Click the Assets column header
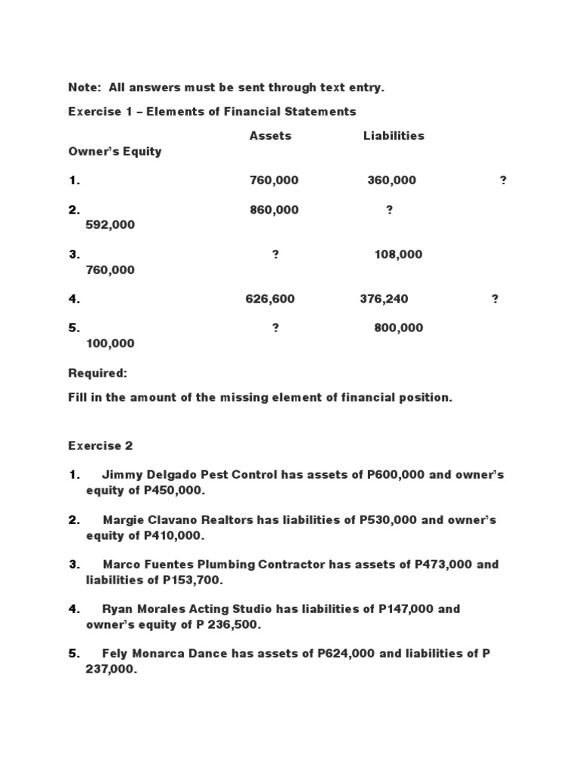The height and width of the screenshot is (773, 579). [x=270, y=136]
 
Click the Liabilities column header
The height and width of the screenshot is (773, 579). [x=394, y=136]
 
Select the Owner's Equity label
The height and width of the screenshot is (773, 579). [x=115, y=151]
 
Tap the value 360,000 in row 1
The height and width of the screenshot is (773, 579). [x=391, y=180]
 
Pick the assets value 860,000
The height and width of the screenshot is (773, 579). [x=274, y=210]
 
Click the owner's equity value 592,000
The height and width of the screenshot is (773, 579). [x=110, y=225]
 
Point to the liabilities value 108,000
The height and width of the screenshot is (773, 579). [x=398, y=254]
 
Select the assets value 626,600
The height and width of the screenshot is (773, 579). [x=270, y=299]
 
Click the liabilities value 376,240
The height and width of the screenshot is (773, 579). [x=384, y=299]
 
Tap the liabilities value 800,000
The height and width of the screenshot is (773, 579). [x=398, y=328]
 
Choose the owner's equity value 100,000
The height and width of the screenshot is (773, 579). [x=110, y=343]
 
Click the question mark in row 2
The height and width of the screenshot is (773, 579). [x=389, y=210]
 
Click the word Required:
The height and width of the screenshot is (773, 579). [x=98, y=373]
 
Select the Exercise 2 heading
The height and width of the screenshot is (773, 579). [x=100, y=445]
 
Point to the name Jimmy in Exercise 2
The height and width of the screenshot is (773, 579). [x=121, y=476]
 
